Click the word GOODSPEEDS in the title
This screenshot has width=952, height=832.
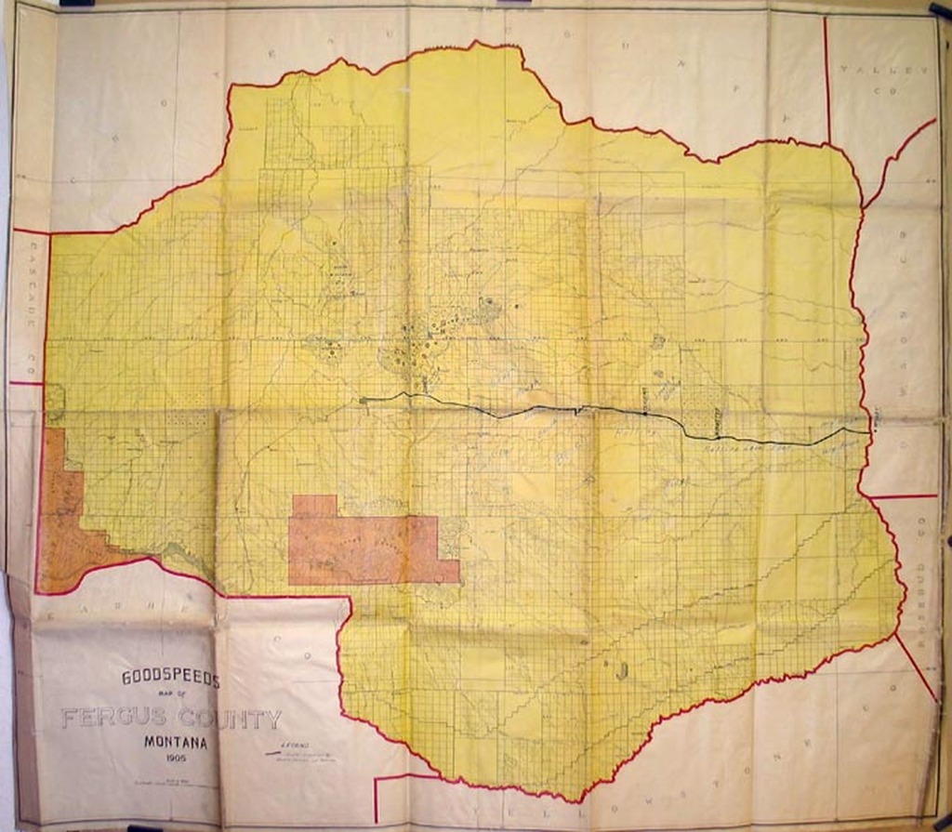click(x=170, y=680)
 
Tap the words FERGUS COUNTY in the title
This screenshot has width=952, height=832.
click(x=171, y=719)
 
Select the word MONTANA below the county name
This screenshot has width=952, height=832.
click(x=177, y=744)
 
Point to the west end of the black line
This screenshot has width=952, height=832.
click(x=361, y=400)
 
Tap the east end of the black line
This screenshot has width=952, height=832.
click(x=869, y=431)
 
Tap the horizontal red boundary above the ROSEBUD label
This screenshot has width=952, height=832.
click(x=902, y=496)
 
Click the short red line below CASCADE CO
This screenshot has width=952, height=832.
click(x=25, y=382)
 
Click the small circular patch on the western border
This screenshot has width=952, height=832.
click(x=55, y=403)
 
